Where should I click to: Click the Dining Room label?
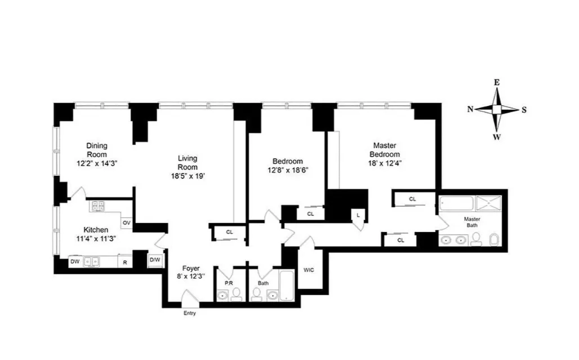[96, 149]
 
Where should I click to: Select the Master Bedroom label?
[385, 150]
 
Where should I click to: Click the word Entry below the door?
[190, 313]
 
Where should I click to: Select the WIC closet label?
[309, 270]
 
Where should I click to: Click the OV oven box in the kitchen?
[127, 223]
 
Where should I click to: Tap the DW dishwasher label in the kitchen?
[75, 261]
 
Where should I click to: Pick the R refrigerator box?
[124, 261]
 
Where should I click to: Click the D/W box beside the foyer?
[154, 260]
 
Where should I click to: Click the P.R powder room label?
[229, 283]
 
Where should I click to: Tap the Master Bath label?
[472, 222]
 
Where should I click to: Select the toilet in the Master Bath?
[493, 241]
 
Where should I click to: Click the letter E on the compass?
[496, 82]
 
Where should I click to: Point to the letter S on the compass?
[524, 110]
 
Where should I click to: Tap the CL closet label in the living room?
[229, 232]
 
